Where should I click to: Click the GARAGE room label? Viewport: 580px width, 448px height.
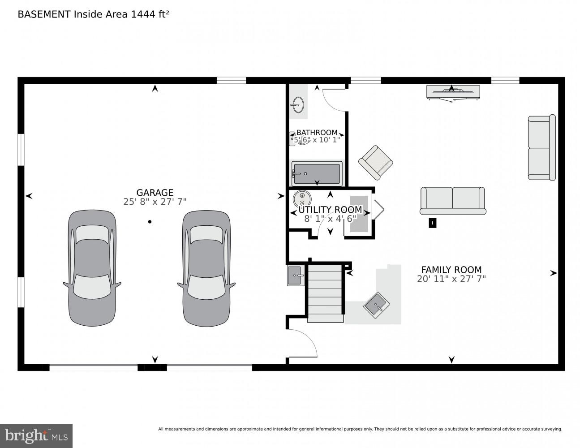155,193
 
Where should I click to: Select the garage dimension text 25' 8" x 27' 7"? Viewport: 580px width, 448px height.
155,202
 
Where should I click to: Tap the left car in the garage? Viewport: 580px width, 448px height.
92,268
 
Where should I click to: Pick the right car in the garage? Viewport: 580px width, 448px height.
206,268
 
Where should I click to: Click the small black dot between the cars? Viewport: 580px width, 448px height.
150,221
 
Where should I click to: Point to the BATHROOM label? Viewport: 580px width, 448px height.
317,133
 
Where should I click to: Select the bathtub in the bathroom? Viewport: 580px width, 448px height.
317,173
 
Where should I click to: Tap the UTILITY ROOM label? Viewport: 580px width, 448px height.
330,210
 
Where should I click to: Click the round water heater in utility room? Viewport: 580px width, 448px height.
301,198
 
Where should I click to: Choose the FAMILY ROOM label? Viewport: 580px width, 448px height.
451,270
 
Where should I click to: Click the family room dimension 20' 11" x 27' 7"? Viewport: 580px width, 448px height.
451,279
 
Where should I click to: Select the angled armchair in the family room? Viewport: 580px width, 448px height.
375,162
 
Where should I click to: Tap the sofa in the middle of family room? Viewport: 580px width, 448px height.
452,200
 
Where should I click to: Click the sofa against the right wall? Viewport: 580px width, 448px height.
541,148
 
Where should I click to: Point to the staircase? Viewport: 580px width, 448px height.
325,293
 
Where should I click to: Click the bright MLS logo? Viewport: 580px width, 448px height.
36,435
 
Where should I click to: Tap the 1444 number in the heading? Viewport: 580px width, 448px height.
141,14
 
